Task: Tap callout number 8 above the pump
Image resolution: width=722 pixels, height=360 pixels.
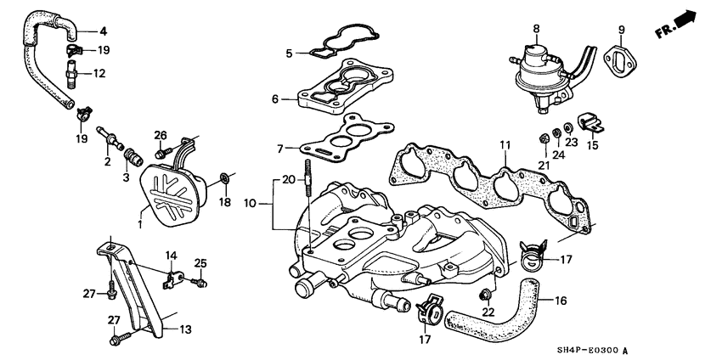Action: click(x=536, y=30)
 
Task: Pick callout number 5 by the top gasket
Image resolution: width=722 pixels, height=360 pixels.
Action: click(x=289, y=53)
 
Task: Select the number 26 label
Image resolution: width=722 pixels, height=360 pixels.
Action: click(x=161, y=135)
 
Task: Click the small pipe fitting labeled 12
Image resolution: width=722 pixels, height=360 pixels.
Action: click(x=74, y=79)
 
